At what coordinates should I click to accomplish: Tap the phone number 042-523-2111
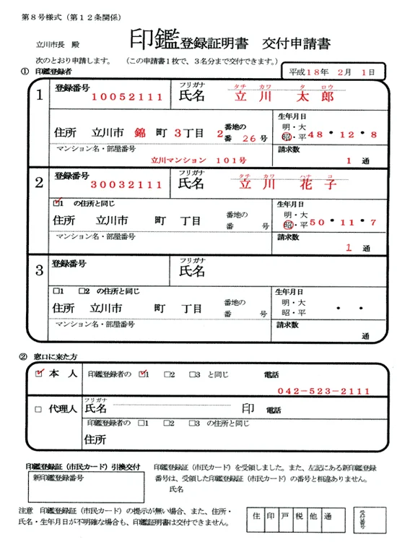pos(323,390)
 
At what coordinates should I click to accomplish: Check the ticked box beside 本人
pos(39,374)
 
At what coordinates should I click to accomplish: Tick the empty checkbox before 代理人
pos(38,409)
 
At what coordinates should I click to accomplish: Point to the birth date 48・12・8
pos(342,134)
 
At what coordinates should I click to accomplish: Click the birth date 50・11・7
pos(342,222)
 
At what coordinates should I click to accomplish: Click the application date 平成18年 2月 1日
pos(332,72)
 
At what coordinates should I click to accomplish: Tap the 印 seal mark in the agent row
pos(250,408)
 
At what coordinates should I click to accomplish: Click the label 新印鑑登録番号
pos(58,478)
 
